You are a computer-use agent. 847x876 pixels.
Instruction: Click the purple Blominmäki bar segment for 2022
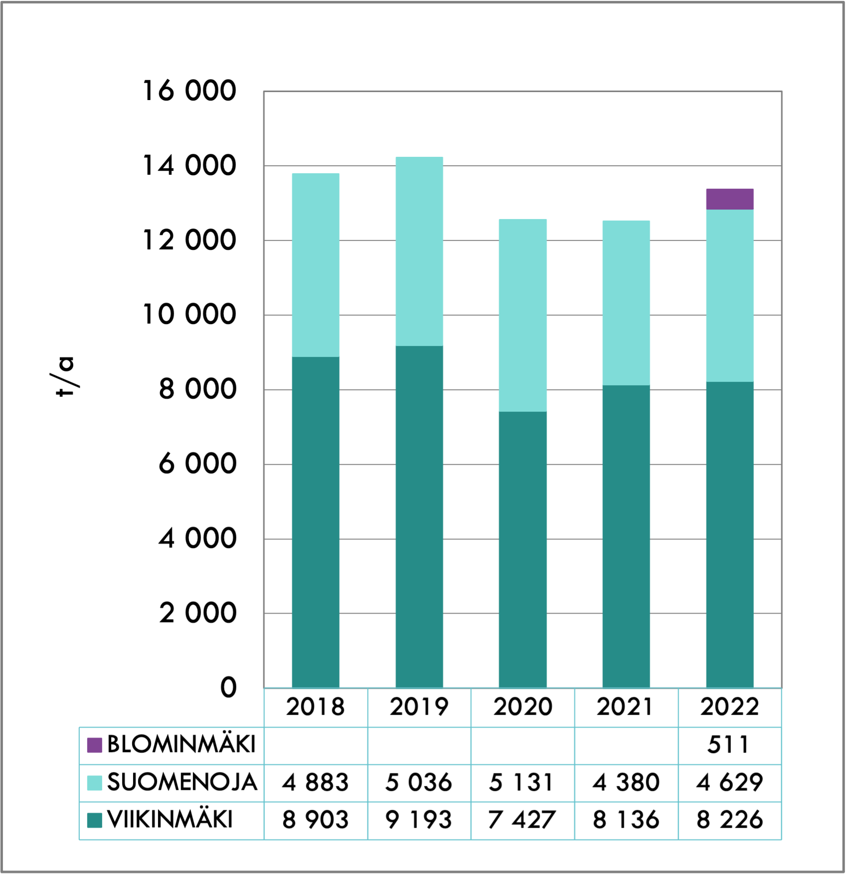[729, 199]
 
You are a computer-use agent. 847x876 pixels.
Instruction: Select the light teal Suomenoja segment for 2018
[315, 265]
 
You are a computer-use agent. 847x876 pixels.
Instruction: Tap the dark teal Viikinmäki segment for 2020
[523, 549]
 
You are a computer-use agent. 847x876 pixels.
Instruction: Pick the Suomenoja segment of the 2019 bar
[419, 251]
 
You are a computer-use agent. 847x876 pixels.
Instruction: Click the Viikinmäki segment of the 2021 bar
[626, 537]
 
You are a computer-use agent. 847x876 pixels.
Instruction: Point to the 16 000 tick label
[189, 91]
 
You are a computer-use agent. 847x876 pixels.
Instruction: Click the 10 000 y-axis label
[189, 315]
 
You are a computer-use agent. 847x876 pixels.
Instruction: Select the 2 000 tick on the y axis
[197, 613]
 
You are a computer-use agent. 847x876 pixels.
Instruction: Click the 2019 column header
[419, 707]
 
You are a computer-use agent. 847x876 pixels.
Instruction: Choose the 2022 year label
[729, 707]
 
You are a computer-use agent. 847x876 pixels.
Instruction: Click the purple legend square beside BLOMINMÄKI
[94, 745]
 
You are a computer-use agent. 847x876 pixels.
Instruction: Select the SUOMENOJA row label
[182, 782]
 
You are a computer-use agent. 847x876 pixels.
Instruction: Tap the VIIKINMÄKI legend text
[170, 820]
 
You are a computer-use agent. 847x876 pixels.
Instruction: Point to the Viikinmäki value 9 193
[419, 820]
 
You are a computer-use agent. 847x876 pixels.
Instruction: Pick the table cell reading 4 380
[626, 782]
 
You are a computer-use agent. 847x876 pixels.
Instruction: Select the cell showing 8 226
[729, 820]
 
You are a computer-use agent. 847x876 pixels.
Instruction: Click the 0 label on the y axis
[228, 687]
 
